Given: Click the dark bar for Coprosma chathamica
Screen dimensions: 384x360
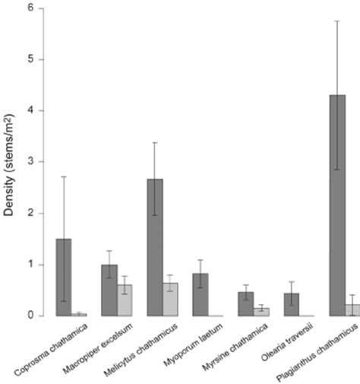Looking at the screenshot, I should pos(64,277).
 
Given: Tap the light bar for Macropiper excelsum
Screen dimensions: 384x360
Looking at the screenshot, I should pos(125,300).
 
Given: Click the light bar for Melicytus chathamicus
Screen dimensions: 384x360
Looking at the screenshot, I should pos(170,299).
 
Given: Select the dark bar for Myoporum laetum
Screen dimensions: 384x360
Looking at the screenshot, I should pos(201,294).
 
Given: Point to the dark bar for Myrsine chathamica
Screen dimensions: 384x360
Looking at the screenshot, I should pos(246,303).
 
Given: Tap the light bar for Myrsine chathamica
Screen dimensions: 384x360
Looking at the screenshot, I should pos(261,312).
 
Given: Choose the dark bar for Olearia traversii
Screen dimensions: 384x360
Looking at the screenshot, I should pos(292,304).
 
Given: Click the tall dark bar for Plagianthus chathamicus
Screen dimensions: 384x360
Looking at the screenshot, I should pos(337,205).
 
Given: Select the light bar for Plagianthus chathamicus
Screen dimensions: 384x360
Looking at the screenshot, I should pos(352,309).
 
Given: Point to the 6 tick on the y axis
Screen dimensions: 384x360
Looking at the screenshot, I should pos(29,8).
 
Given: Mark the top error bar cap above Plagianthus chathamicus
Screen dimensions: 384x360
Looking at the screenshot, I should pos(337,21).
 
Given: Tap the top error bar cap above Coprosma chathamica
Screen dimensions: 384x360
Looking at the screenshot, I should pos(64,176).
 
